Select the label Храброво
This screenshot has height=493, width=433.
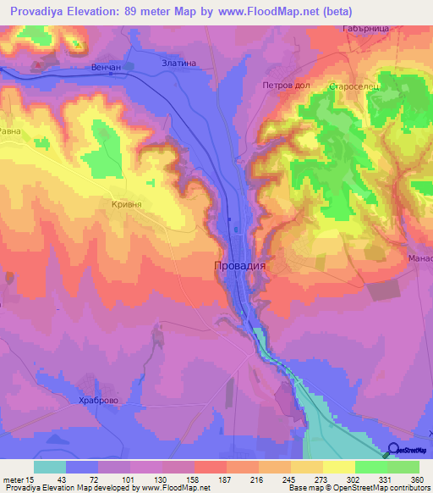tap(95, 401)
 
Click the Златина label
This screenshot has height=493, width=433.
tap(178, 63)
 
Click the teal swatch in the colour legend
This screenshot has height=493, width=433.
tap(49, 467)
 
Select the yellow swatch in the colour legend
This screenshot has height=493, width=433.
tap(338, 467)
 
